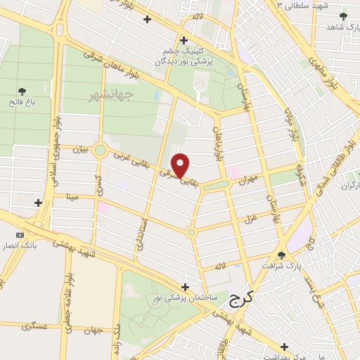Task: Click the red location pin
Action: coord(181,165)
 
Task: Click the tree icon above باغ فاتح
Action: coord(22,91)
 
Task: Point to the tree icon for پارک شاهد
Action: coord(342,15)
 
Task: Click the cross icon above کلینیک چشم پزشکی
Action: coord(184,40)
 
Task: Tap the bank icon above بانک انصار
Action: coord(19,234)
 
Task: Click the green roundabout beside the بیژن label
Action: coord(100,149)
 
